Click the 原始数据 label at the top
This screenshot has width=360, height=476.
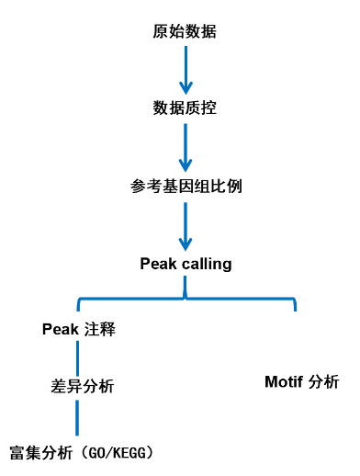coord(185,32)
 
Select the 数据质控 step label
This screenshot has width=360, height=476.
coord(185,108)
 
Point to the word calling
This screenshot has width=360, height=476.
coord(207,264)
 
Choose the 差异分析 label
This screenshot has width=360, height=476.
coord(77,386)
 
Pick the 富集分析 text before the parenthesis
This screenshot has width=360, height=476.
coord(40,453)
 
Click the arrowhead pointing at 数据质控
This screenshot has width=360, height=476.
coord(185,88)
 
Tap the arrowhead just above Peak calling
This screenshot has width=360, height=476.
coord(186,243)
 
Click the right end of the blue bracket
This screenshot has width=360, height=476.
coord(295,305)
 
